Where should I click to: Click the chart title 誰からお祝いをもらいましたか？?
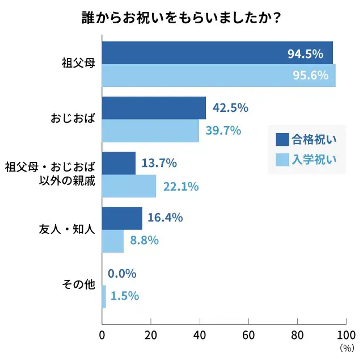tap(181, 18)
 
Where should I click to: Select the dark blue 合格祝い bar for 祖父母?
tap(217, 53)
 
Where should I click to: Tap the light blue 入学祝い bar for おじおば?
tap(150, 131)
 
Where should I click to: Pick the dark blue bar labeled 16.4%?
tap(122, 218)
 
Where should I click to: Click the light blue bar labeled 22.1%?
tap(129, 186)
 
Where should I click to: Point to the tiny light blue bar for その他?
tap(104, 296)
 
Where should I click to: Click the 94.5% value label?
tap(305, 54)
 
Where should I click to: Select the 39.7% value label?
tap(223, 131)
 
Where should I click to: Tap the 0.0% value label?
tap(122, 274)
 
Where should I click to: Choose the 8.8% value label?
tap(144, 240)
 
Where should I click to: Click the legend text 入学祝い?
tap(314, 160)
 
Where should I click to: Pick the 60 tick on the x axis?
tap(248, 335)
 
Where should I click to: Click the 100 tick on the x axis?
tap(345, 335)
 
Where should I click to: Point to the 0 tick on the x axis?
tap(102, 335)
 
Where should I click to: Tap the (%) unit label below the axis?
tap(346, 348)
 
